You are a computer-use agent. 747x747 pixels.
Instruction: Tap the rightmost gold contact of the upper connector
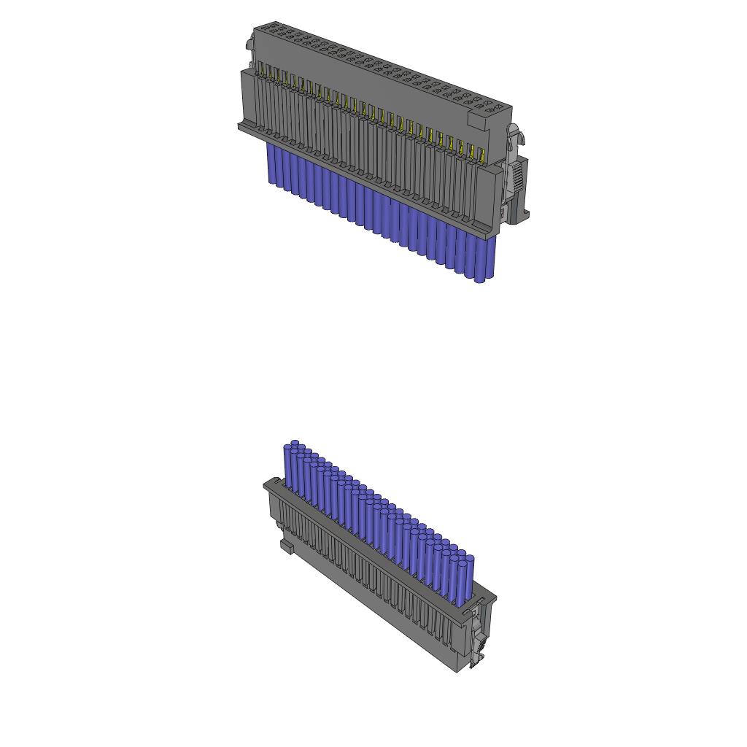(481, 155)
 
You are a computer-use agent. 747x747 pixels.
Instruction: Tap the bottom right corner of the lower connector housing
(458, 670)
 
